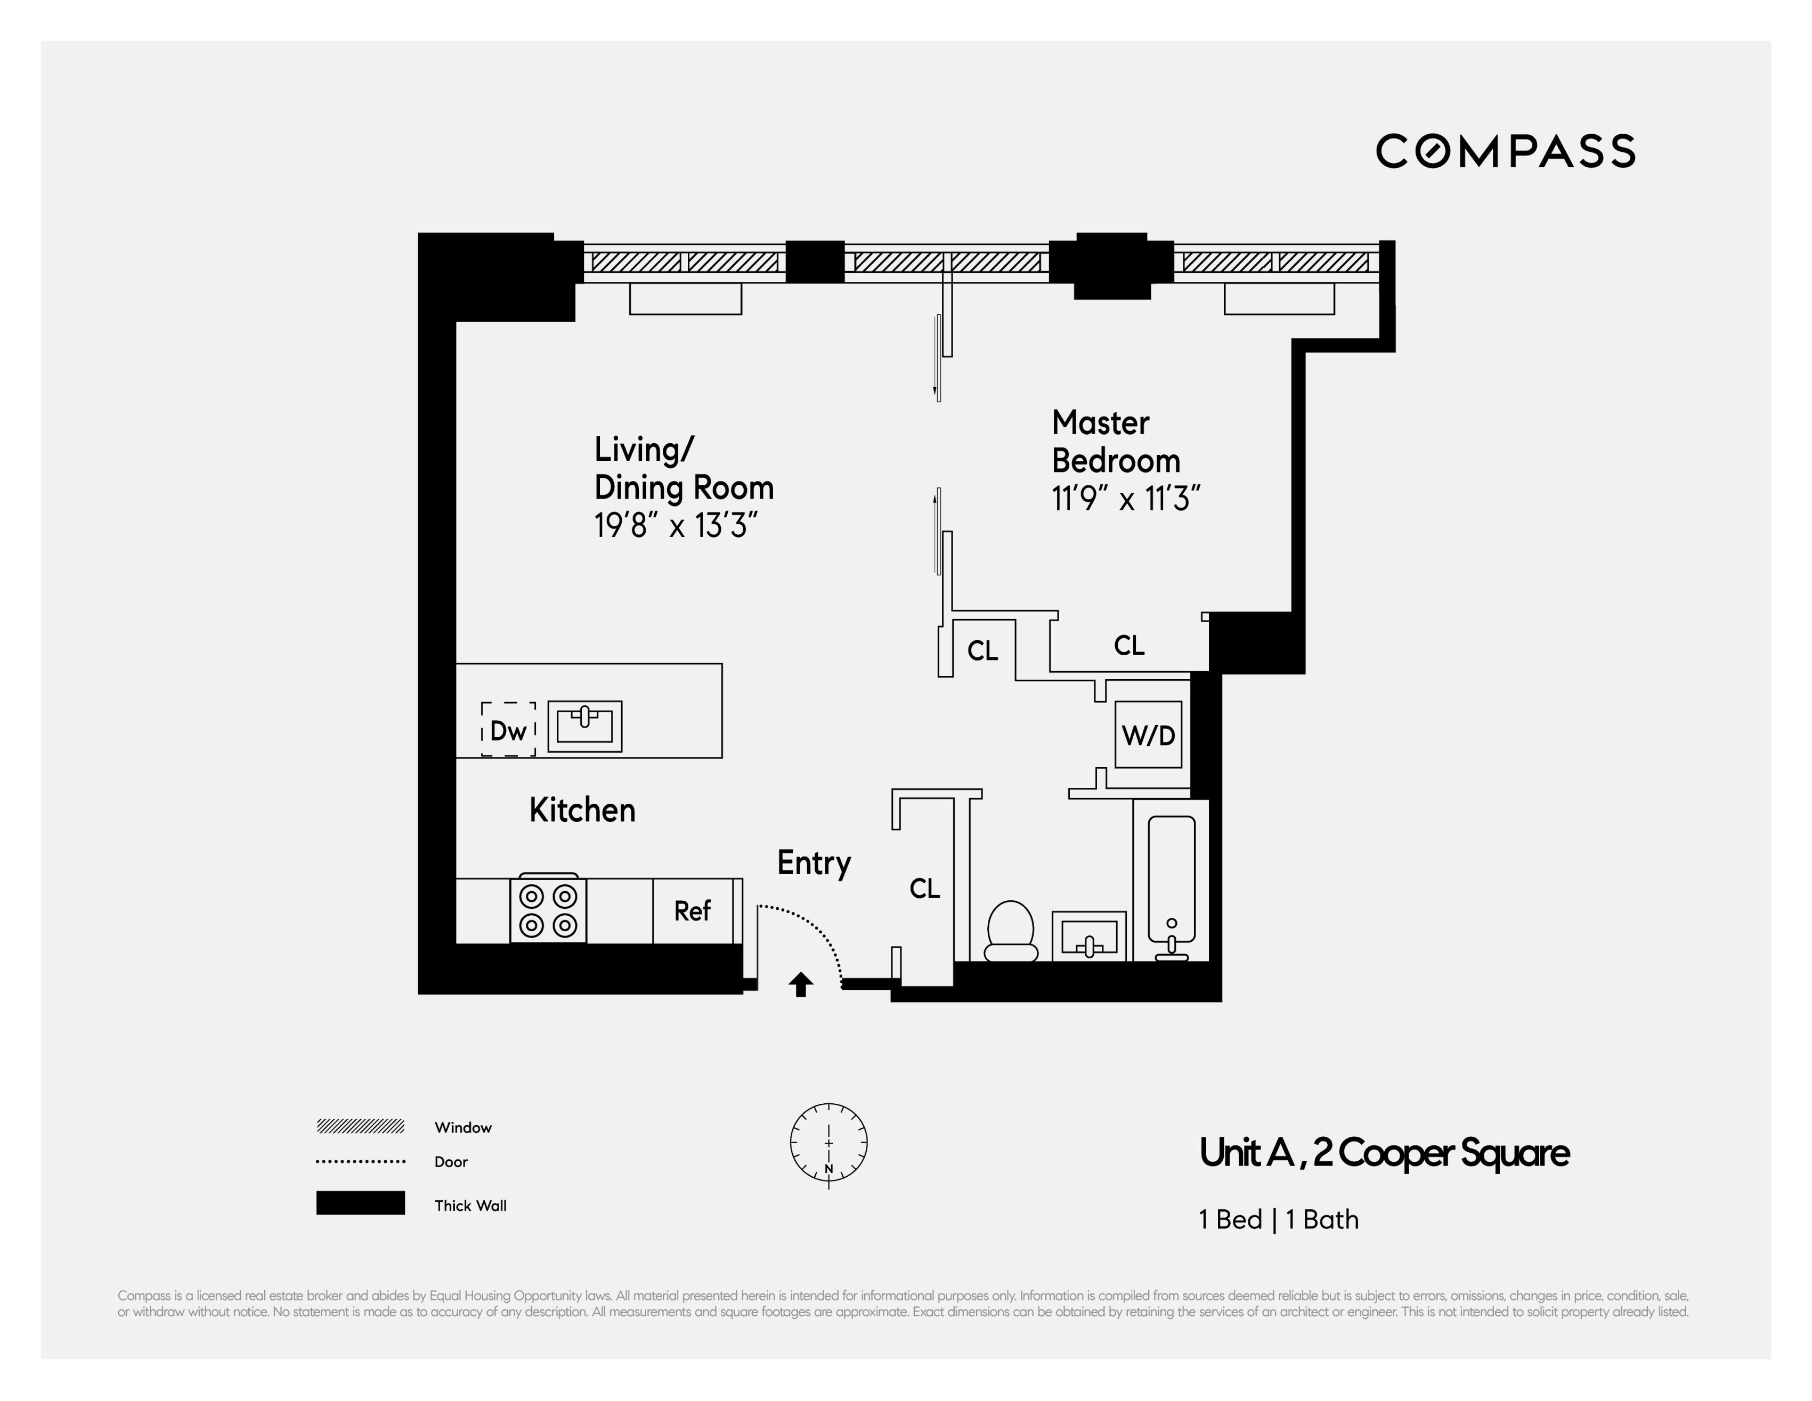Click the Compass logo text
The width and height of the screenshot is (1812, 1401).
1505,151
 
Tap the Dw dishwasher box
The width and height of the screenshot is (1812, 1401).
508,730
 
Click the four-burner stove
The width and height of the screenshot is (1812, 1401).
548,910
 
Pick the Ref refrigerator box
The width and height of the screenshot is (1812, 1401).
693,911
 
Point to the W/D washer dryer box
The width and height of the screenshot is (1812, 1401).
1148,734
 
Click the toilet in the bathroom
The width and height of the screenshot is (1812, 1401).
1011,931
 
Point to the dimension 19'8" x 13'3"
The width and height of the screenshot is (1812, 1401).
676,526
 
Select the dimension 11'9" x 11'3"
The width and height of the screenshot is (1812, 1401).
1126,499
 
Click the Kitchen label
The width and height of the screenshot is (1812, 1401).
582,810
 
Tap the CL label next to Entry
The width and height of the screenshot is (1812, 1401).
924,889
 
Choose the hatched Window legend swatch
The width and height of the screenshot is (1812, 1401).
360,1127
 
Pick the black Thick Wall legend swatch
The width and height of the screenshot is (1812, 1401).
360,1203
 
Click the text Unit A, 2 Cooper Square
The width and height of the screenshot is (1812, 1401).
1384,1153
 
